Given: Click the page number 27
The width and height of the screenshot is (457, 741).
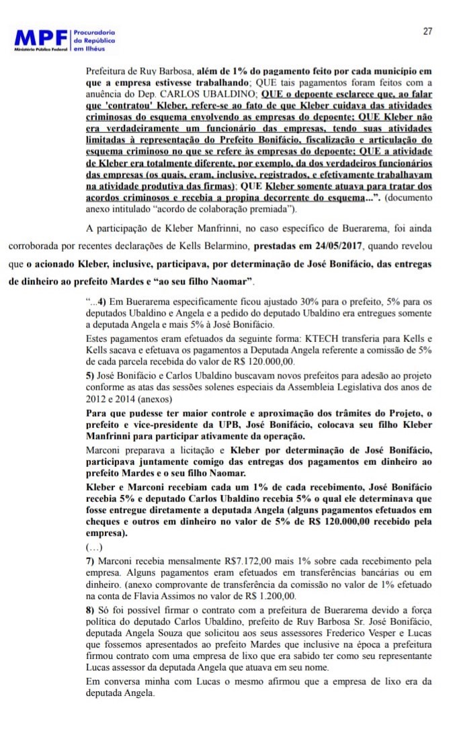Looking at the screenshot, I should [x=427, y=31].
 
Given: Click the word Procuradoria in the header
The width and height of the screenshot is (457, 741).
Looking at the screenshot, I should [x=93, y=32].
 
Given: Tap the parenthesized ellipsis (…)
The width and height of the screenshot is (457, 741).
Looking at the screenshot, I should [x=95, y=547].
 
